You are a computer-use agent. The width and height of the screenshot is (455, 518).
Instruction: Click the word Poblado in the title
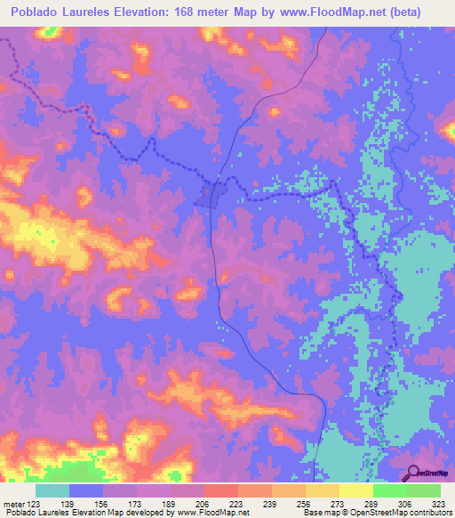coord(36,12)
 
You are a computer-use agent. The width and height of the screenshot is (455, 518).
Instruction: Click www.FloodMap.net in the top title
coord(318,12)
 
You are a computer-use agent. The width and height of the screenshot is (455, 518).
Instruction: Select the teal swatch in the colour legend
coord(52,490)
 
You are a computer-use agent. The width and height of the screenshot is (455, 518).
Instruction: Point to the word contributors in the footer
coord(428,513)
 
